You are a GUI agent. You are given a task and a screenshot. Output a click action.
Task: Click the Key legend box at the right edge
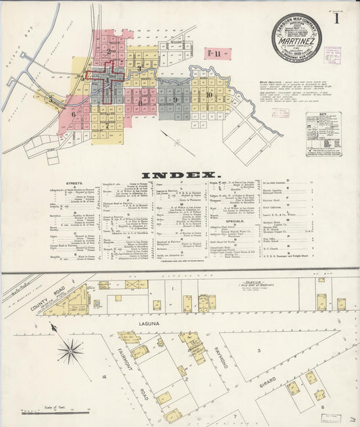(x=324, y=134)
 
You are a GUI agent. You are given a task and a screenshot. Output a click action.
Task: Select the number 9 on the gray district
(x=175, y=99)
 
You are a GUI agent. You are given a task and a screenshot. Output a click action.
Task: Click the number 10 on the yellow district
(x=210, y=95)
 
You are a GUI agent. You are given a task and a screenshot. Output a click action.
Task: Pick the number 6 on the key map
(x=73, y=114)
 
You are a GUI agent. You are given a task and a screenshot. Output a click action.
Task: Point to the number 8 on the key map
(x=140, y=103)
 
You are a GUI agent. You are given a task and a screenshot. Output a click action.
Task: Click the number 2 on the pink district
(x=108, y=51)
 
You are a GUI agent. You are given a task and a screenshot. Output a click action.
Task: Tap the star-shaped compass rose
(x=70, y=351)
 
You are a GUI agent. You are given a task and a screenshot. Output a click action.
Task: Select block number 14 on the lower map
(x=103, y=376)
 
